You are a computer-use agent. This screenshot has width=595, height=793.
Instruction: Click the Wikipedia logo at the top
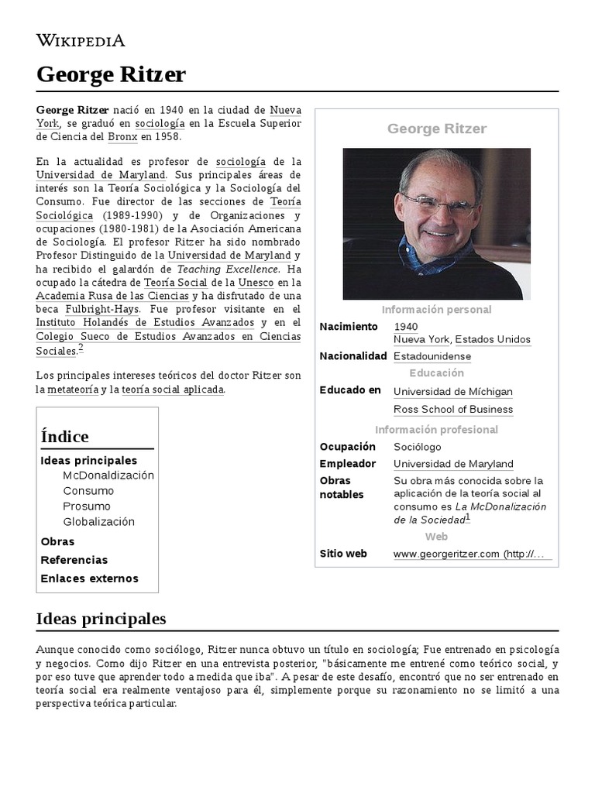81,40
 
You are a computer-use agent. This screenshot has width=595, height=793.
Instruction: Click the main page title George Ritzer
111,75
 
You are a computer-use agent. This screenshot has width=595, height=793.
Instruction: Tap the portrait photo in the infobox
436,223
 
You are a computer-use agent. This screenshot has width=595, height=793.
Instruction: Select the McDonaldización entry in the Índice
108,475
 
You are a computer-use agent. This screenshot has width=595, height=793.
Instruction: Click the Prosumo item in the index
87,506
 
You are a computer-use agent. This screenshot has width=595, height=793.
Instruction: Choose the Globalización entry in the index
98,522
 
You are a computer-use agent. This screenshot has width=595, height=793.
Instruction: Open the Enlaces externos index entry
89,578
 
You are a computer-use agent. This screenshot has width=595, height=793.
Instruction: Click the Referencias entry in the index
74,560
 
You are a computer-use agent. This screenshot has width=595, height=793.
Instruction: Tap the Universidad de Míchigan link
452,392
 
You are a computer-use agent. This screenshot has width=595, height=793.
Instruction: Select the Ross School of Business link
452,410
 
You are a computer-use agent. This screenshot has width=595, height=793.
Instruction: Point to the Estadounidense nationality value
432,357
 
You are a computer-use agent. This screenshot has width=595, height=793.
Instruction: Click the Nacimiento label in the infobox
349,327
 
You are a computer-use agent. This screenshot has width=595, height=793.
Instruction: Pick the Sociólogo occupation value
417,447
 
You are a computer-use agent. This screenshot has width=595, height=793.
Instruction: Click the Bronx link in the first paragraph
122,137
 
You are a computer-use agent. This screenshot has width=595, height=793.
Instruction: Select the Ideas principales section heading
101,620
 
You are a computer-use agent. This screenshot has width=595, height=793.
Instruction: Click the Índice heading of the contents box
64,437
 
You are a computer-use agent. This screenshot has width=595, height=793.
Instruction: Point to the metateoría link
73,390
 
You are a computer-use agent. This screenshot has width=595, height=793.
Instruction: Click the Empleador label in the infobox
347,464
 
